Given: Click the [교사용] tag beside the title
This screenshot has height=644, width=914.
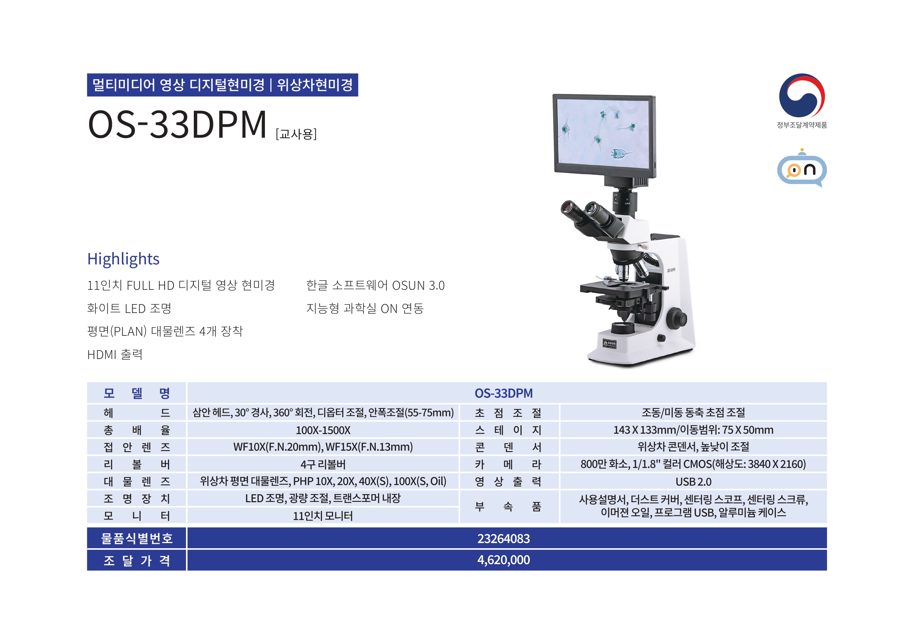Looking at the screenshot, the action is point(296,134).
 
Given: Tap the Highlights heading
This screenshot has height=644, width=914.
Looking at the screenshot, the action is point(123,259).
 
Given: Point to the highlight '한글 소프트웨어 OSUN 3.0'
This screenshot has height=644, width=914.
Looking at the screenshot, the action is point(375,285).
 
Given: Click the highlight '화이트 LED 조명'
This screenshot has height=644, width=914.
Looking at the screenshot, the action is point(129,308).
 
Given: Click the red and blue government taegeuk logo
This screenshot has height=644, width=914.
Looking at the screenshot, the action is point(802,95).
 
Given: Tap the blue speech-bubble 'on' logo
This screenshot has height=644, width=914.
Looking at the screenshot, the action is point(802,168).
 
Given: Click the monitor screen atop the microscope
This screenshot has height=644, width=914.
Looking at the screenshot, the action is point(604,133).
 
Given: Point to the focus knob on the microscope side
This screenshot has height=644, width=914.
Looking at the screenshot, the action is point(677,318).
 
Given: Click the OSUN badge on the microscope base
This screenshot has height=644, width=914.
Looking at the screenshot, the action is point(609,343).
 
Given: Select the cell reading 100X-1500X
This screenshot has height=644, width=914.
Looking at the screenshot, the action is point(323,430).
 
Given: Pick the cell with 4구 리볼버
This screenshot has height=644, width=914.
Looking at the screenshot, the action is point(323,464).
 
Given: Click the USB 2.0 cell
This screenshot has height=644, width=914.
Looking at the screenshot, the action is point(693,482).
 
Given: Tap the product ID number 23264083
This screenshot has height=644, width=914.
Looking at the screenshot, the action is point(504,539).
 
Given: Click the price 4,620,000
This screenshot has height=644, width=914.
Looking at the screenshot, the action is point(504,560).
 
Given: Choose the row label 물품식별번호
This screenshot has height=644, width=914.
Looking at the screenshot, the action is point(137,539).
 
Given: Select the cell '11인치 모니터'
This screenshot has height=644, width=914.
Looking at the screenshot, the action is point(323,516).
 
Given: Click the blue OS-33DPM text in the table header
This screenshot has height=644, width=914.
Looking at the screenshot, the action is point(504,393).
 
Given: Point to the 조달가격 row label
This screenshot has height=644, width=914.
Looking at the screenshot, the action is point(137,560).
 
